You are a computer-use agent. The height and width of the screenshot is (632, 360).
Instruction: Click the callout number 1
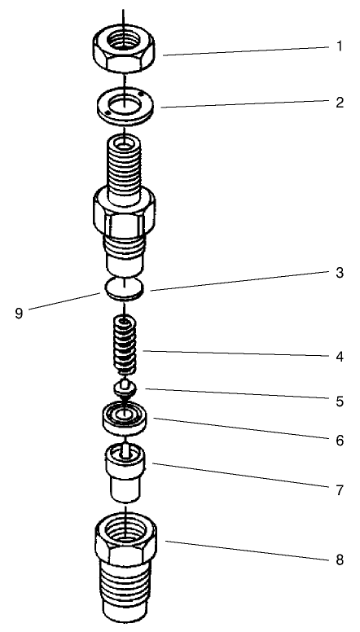pyautogui.click(x=339, y=47)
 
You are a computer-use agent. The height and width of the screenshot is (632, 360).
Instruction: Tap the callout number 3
pyautogui.click(x=339, y=274)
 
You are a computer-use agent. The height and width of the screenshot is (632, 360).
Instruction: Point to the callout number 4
pyautogui.click(x=339, y=356)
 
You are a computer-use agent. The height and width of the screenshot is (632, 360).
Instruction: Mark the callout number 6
pyautogui.click(x=339, y=440)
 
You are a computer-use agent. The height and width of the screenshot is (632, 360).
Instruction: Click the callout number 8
pyautogui.click(x=339, y=560)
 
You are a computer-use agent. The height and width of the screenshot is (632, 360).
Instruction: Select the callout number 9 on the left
pyautogui.click(x=19, y=312)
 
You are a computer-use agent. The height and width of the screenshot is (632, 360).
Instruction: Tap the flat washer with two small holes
pyautogui.click(x=124, y=106)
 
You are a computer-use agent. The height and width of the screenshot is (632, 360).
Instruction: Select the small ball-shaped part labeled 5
pyautogui.click(x=124, y=386)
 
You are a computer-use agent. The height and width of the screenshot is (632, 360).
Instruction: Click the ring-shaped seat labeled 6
pyautogui.click(x=125, y=419)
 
